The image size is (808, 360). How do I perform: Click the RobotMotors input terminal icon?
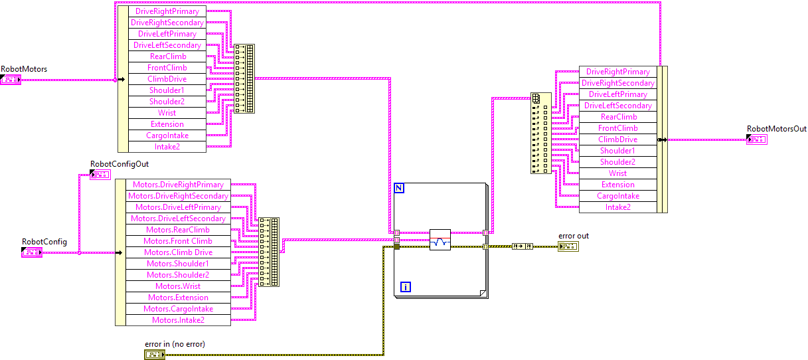click(x=11, y=80)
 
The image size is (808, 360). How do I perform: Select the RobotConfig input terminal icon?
click(x=32, y=252)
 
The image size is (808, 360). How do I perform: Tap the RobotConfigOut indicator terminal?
click(x=100, y=175)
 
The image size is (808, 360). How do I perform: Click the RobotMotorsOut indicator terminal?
click(x=756, y=139)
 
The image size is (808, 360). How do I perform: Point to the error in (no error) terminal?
click(x=155, y=355)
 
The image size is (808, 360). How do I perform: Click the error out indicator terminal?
click(x=568, y=246)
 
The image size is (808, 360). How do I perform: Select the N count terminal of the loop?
click(x=399, y=188)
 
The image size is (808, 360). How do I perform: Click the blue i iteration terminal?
click(x=406, y=287)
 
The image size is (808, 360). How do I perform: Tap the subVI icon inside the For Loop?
click(x=440, y=239)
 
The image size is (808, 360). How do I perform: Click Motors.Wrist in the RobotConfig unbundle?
click(x=177, y=286)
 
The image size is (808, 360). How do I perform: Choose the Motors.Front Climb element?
click(x=177, y=241)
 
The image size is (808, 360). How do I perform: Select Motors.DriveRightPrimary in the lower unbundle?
click(x=177, y=185)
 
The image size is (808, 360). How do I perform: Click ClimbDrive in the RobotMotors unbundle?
click(x=167, y=79)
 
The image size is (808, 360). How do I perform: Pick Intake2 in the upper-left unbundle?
click(x=167, y=147)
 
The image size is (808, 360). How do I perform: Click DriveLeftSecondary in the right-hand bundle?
click(x=617, y=106)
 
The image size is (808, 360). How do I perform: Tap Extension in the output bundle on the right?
click(x=617, y=185)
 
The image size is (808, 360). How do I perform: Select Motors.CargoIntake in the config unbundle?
click(x=177, y=309)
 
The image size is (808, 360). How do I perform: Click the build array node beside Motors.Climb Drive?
click(x=269, y=252)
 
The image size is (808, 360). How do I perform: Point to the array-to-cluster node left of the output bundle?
click(x=540, y=133)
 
